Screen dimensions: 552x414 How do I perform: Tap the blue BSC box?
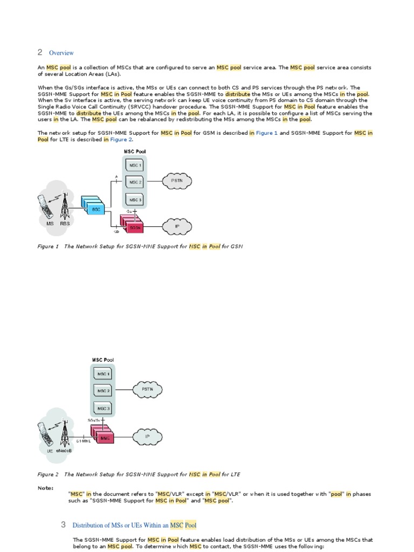pyautogui.click(x=96, y=208)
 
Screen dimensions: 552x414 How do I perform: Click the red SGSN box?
pyautogui.click(x=134, y=227)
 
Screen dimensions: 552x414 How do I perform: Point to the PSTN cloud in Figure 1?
pyautogui.click(x=177, y=181)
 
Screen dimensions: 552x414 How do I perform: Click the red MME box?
pyautogui.click(x=105, y=438)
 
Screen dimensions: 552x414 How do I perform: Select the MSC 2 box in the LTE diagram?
pyautogui.click(x=103, y=390)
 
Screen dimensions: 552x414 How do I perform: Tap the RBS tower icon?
pyautogui.click(x=65, y=205)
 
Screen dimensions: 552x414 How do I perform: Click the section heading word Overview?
pyautogui.click(x=61, y=53)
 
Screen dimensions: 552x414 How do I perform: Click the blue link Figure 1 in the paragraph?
pyautogui.click(x=266, y=132)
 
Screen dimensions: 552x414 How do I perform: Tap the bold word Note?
pyautogui.click(x=45, y=488)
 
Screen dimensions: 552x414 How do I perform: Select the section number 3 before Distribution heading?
pyautogui.click(x=63, y=525)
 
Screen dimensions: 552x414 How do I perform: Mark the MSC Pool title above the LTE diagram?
pyautogui.click(x=103, y=360)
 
